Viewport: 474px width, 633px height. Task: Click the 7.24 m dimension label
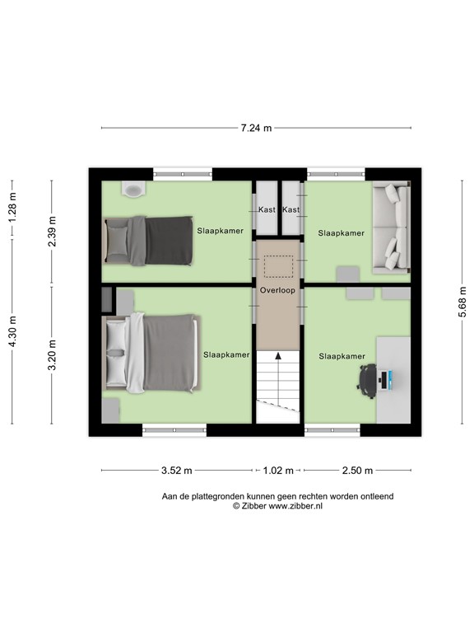point(256,129)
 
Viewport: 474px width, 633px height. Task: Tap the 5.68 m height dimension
point(463,302)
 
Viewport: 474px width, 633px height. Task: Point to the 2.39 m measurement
point(52,227)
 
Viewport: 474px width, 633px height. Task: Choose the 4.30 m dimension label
point(12,333)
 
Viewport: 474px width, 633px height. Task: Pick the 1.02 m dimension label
point(277,471)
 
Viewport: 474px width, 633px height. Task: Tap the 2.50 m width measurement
point(356,471)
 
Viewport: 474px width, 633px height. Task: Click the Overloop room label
point(277,291)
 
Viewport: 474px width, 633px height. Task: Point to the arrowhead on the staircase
point(278,356)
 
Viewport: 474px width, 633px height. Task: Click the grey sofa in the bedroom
point(392,227)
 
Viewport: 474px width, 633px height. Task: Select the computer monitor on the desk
point(387,379)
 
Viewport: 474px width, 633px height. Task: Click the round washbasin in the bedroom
point(133,189)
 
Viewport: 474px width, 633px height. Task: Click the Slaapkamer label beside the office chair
point(342,356)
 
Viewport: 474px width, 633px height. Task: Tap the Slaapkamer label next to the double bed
point(226,354)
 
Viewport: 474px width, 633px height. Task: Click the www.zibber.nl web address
point(293,506)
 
